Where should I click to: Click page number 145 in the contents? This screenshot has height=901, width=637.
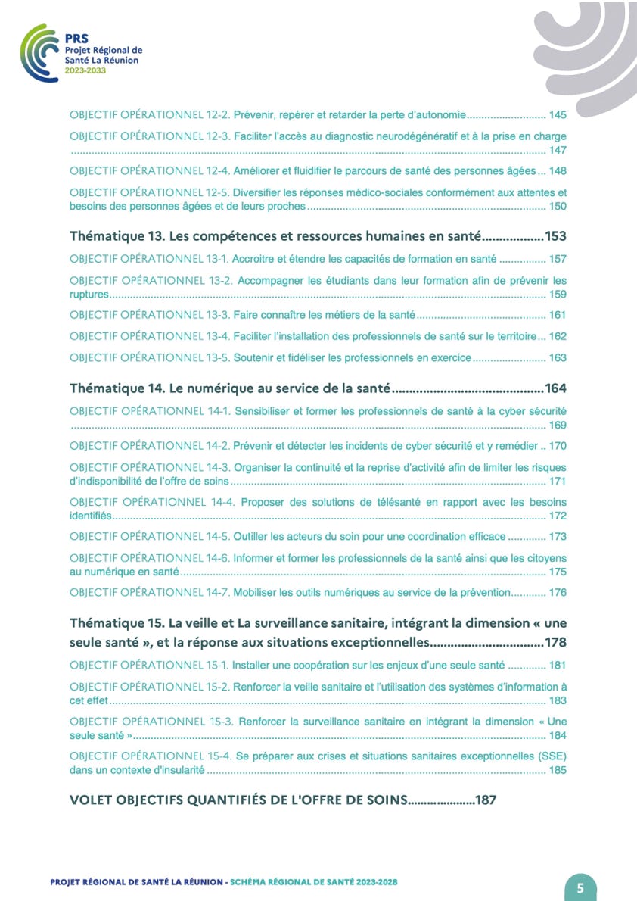click(x=558, y=116)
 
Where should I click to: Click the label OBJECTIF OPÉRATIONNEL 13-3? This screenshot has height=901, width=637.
click(x=149, y=315)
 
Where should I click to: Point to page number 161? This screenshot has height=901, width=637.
click(x=558, y=315)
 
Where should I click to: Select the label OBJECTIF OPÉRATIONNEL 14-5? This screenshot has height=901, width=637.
click(x=149, y=537)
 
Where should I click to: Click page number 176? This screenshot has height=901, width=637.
click(x=558, y=593)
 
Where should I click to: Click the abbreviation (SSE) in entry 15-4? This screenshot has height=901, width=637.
click(x=552, y=756)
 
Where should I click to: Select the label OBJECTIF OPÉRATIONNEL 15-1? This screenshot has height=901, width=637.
click(x=149, y=666)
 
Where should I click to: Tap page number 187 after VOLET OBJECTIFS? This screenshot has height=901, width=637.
click(x=485, y=800)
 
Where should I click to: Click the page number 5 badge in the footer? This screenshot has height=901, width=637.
click(x=580, y=888)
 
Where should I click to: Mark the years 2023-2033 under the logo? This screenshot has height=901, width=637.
click(x=85, y=70)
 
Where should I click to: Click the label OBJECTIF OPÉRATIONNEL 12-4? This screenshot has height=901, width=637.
click(x=149, y=170)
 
